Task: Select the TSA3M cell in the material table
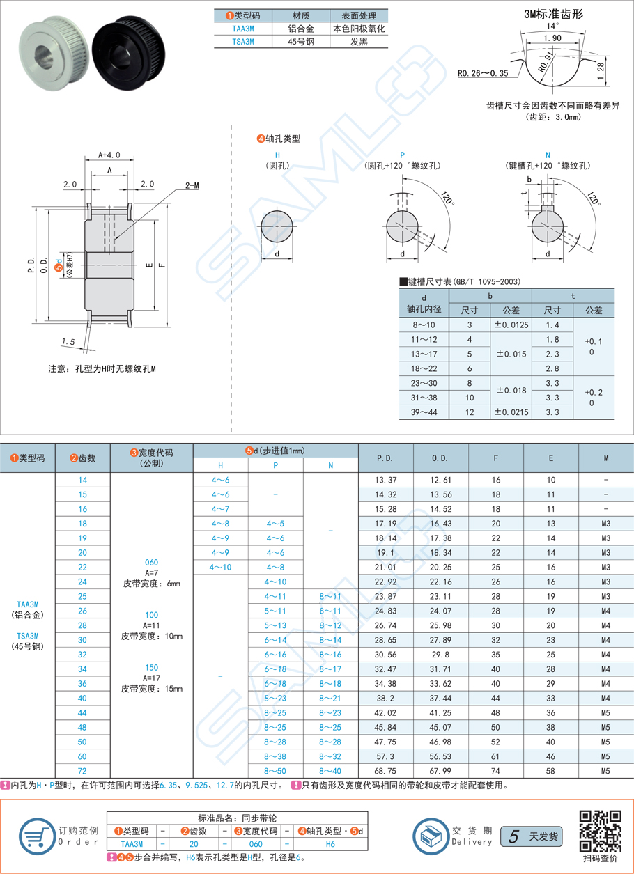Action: click(x=243, y=42)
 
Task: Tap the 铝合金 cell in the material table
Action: click(x=300, y=29)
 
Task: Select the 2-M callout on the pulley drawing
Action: click(x=192, y=185)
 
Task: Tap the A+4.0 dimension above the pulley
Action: click(x=109, y=155)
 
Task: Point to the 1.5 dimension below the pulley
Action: click(x=68, y=341)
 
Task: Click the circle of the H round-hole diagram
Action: click(x=277, y=227)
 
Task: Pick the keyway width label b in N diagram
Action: click(x=529, y=180)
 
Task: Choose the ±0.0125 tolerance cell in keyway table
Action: click(x=511, y=325)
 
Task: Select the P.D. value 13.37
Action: click(x=385, y=481)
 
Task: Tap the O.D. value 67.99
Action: click(x=440, y=771)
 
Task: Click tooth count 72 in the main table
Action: click(x=83, y=771)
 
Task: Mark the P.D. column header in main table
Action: click(x=385, y=458)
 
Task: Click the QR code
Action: click(x=601, y=831)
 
